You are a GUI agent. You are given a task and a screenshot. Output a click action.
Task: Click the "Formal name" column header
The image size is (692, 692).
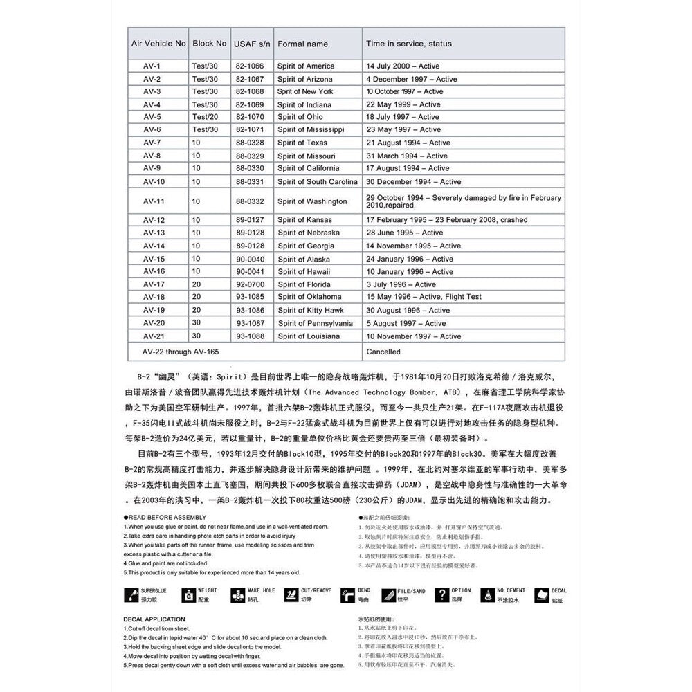(x=302, y=44)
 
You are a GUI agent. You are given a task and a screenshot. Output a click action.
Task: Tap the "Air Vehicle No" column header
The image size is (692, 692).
(x=158, y=43)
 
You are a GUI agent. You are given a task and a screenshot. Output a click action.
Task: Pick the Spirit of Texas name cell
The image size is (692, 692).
(x=302, y=143)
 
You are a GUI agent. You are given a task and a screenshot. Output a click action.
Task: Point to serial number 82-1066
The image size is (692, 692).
(x=250, y=66)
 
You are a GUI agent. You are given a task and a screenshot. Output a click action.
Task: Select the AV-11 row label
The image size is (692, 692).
(x=154, y=201)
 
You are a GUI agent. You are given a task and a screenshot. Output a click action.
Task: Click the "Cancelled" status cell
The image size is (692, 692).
(x=383, y=352)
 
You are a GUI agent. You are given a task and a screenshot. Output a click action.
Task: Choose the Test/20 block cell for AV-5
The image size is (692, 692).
(x=205, y=117)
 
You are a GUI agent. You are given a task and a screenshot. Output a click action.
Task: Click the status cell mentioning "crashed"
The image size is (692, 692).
(x=447, y=220)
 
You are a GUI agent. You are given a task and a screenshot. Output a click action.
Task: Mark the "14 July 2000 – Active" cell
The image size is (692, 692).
(x=403, y=66)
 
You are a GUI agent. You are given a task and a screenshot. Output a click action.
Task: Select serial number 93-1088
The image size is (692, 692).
(x=250, y=336)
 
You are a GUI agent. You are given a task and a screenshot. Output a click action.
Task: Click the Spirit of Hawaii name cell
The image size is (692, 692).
(x=304, y=272)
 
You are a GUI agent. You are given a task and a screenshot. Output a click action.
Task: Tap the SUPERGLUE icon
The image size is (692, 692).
(x=129, y=595)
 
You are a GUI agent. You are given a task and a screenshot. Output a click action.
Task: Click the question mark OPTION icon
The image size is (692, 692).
(x=441, y=595)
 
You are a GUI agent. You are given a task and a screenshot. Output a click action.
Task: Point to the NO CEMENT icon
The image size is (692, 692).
(x=487, y=595)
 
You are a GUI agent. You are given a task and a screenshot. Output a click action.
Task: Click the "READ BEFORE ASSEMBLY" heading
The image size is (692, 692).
(x=166, y=517)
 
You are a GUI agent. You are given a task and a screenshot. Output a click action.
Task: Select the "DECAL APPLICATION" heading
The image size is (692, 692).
(x=154, y=619)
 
